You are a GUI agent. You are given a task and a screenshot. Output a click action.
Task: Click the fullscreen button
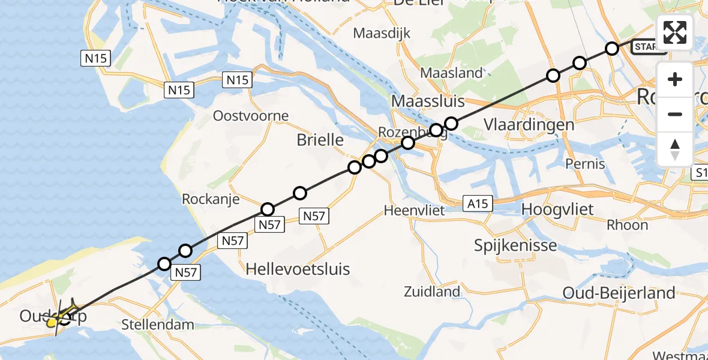point(675,32)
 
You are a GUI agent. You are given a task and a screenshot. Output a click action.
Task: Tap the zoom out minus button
point(675,114)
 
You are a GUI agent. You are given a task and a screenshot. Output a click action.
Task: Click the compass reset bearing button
point(675,149)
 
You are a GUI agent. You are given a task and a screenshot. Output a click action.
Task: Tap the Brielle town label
point(320,140)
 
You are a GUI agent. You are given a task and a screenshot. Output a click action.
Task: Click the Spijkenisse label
point(515,245)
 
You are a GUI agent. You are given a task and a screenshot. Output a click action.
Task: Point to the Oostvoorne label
point(251,116)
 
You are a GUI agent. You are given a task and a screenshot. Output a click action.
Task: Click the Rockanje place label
point(211,199)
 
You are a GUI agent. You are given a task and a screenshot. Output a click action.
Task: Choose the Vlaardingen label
point(529,125)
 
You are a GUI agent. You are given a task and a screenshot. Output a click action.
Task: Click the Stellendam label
point(158,325)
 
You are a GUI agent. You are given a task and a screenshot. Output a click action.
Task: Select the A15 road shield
point(478,204)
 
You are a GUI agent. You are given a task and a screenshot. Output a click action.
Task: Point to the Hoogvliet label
point(558,209)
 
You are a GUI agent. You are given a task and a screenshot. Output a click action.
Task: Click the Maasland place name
point(452,73)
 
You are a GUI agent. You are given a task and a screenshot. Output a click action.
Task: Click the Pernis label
point(586,164)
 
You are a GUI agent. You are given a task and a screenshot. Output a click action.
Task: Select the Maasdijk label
point(382,33)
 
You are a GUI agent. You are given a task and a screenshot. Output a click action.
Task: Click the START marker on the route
point(647,47)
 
